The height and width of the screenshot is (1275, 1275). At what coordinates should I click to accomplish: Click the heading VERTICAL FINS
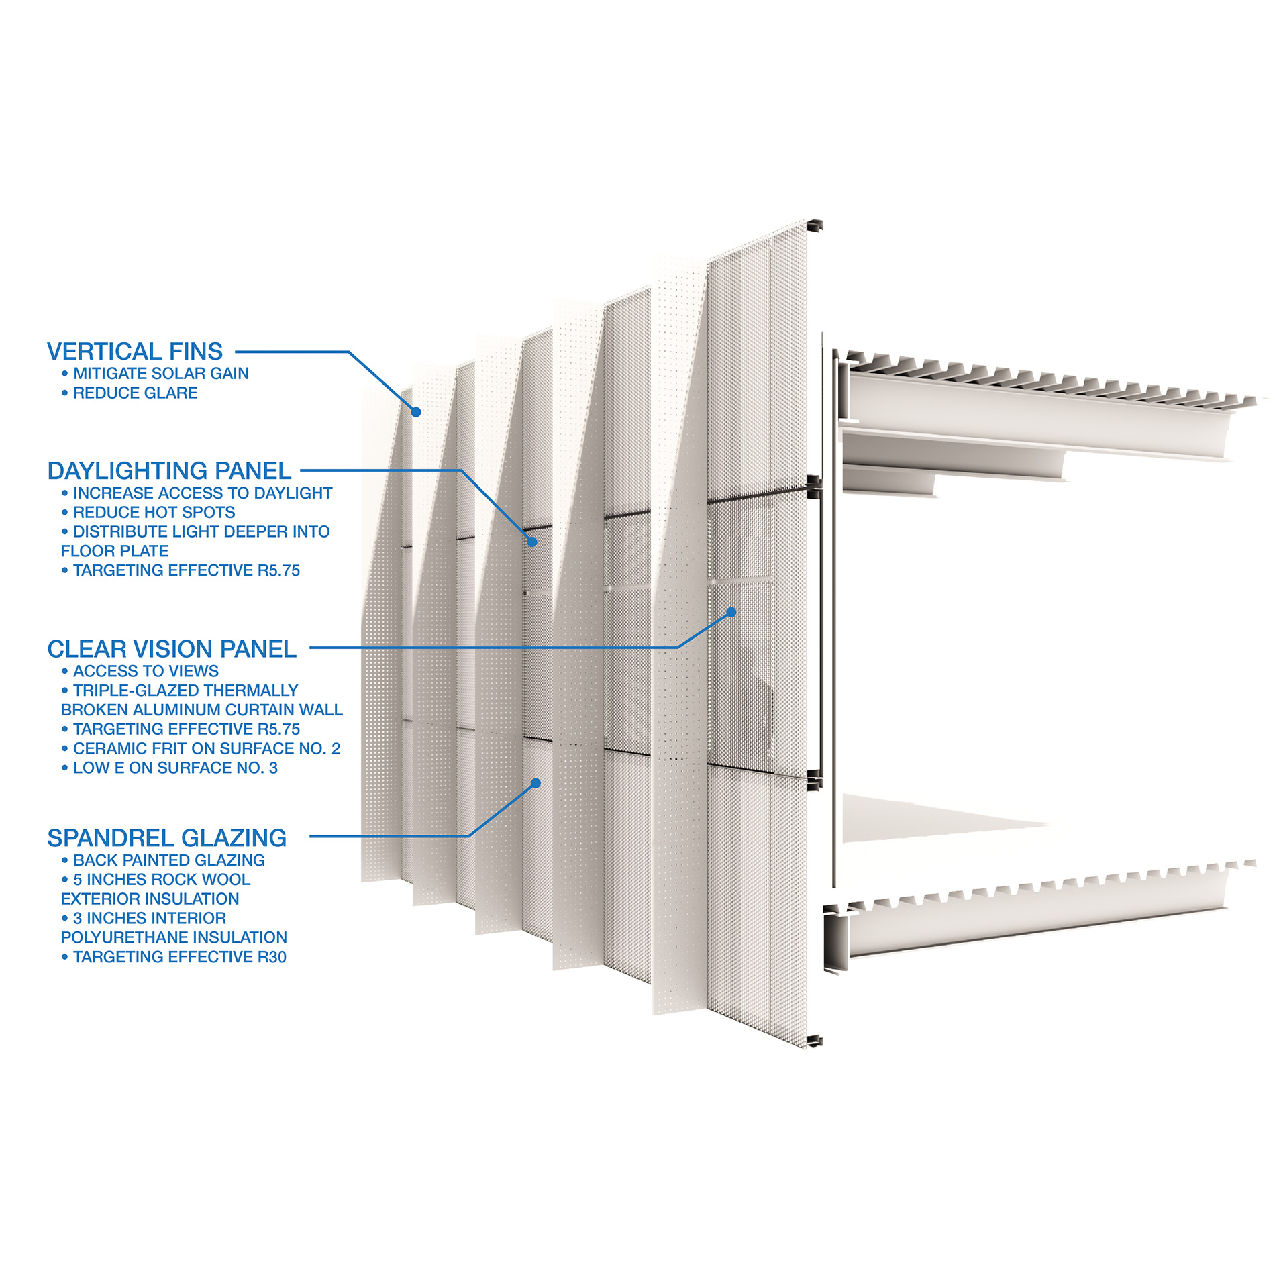(135, 352)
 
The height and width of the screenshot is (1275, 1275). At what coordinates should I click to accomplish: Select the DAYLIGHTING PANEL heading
(169, 471)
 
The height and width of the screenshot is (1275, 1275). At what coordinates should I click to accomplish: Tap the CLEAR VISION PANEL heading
(172, 649)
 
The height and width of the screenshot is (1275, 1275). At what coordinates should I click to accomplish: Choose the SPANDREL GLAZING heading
(167, 838)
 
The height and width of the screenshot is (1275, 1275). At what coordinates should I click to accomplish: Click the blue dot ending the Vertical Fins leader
(416, 412)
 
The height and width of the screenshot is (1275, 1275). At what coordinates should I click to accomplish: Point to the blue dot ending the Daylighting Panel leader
(532, 542)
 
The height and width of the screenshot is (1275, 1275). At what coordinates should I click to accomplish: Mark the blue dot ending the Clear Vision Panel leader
(731, 612)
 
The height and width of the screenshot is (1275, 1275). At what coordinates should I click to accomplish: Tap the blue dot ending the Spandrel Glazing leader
(535, 783)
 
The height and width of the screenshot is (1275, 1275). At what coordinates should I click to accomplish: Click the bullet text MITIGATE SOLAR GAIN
(161, 374)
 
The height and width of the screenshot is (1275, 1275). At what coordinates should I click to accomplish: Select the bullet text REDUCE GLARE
(136, 393)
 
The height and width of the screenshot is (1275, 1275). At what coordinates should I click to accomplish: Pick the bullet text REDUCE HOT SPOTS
(154, 513)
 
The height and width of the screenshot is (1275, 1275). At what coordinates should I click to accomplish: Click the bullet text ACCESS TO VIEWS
(146, 671)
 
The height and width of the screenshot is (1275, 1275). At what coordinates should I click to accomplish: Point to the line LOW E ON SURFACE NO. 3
(175, 768)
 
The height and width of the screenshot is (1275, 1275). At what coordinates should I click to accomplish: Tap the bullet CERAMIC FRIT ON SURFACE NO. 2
(207, 748)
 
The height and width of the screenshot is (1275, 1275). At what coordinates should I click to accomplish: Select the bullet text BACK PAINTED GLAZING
(169, 860)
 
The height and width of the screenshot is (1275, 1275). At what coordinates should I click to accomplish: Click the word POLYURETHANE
(127, 937)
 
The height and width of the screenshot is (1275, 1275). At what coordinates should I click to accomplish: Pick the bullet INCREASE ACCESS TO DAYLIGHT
(203, 493)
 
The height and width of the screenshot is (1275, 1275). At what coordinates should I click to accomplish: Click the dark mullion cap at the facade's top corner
(814, 226)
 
